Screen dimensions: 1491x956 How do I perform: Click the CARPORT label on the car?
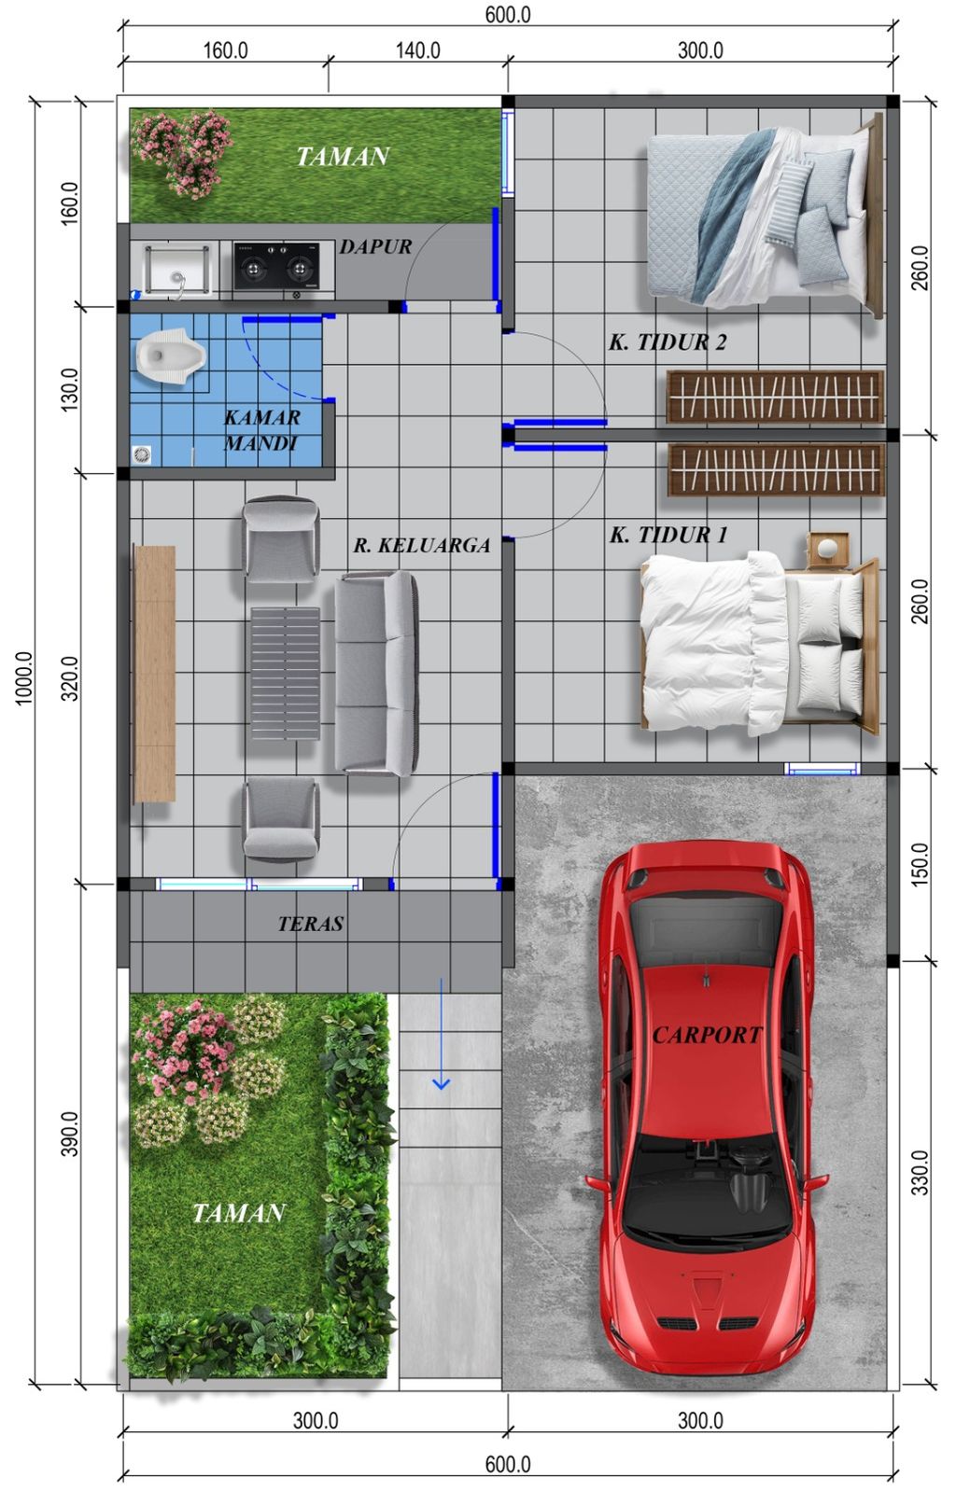pyautogui.click(x=707, y=1035)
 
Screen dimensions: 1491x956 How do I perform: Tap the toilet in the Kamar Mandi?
pyautogui.click(x=169, y=356)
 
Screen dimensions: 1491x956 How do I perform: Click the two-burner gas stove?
pyautogui.click(x=275, y=267)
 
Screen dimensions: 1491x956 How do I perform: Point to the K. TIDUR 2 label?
pyautogui.click(x=667, y=342)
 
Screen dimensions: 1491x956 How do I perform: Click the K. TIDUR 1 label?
pyautogui.click(x=668, y=535)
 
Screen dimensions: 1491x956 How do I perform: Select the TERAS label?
pyautogui.click(x=310, y=924)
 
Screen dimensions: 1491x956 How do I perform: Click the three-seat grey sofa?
pyautogui.click(x=375, y=674)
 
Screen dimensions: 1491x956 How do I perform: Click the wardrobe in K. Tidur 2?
pyautogui.click(x=774, y=396)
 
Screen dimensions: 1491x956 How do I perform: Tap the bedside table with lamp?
pyautogui.click(x=827, y=548)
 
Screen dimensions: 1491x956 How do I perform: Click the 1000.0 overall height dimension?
pyautogui.click(x=25, y=678)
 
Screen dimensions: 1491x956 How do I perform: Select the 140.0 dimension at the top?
pyautogui.click(x=417, y=50)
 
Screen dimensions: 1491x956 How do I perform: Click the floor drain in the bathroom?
pyautogui.click(x=142, y=454)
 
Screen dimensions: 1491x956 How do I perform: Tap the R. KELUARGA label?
pyautogui.click(x=421, y=546)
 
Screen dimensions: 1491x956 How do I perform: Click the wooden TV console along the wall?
pyautogui.click(x=154, y=674)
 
